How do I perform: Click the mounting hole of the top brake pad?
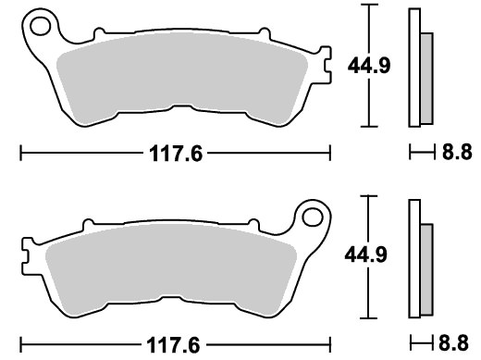[x=41, y=26]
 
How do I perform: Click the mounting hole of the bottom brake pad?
[x=313, y=217]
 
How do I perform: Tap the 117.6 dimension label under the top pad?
[x=176, y=154]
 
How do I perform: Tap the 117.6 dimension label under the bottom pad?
[x=173, y=345]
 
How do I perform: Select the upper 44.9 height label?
[x=369, y=66]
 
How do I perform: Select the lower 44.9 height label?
[x=365, y=254]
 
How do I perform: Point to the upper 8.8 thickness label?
[x=457, y=152]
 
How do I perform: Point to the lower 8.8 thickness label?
[x=453, y=342]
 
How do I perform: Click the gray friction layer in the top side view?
[x=426, y=79]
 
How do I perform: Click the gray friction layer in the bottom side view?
[x=426, y=269]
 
